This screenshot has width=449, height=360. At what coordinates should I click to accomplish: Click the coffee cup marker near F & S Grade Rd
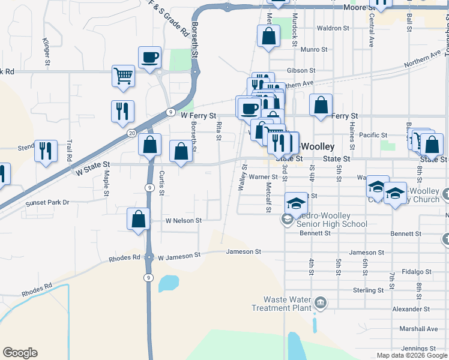tap(149, 58)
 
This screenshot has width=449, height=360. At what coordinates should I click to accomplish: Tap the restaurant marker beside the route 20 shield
tap(122, 111)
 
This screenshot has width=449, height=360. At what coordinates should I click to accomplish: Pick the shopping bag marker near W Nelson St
tap(139, 219)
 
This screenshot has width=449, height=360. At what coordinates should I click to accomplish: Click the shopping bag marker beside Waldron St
tap(269, 35)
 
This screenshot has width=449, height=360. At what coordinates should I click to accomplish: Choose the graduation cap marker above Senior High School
tap(296, 203)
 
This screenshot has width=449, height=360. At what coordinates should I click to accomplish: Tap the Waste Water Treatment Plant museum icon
tap(321, 302)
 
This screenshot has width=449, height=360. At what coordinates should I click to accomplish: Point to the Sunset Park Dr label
tap(48, 203)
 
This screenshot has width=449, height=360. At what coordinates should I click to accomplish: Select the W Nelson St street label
tap(184, 220)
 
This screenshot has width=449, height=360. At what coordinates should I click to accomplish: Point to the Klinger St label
tap(46, 51)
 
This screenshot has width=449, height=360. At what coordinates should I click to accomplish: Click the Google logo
tap(20, 353)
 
